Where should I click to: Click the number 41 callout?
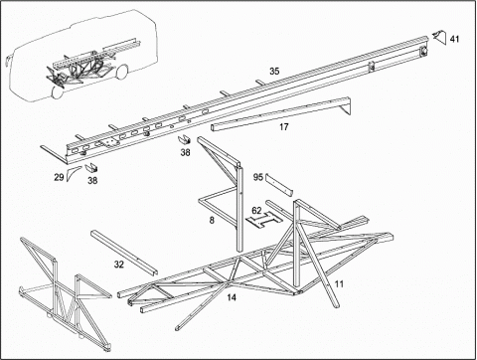[454, 39]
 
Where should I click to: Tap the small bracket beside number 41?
[439, 37]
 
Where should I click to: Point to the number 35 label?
[274, 71]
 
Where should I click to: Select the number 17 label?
[284, 126]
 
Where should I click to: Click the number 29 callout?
[59, 177]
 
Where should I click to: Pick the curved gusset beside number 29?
[72, 173]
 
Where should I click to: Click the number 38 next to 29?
[92, 181]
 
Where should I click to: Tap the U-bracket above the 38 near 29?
[91, 168]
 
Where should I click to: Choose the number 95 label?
[258, 177]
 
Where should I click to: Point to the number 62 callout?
[256, 211]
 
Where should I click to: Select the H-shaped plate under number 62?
[264, 221]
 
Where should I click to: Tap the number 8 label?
[212, 220]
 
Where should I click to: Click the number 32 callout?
[119, 265]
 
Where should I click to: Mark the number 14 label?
[232, 297]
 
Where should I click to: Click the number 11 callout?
[339, 284]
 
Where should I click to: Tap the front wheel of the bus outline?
[57, 91]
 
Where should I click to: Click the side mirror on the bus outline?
[8, 59]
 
